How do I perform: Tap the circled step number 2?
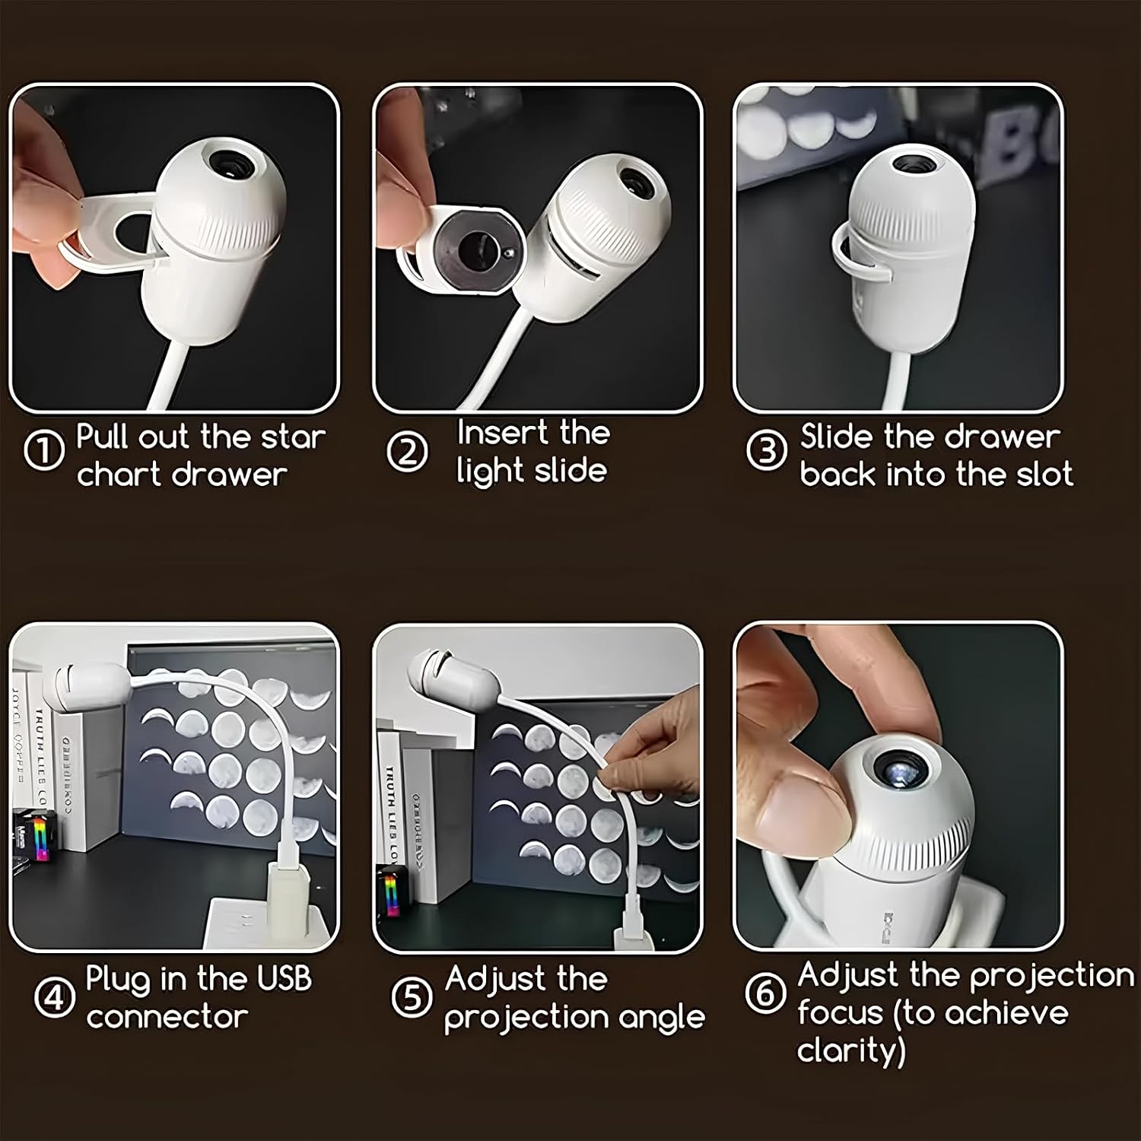408,453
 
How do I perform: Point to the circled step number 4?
53,996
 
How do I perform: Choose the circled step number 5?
412,996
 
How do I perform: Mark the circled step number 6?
765,993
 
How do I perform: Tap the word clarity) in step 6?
851,1051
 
